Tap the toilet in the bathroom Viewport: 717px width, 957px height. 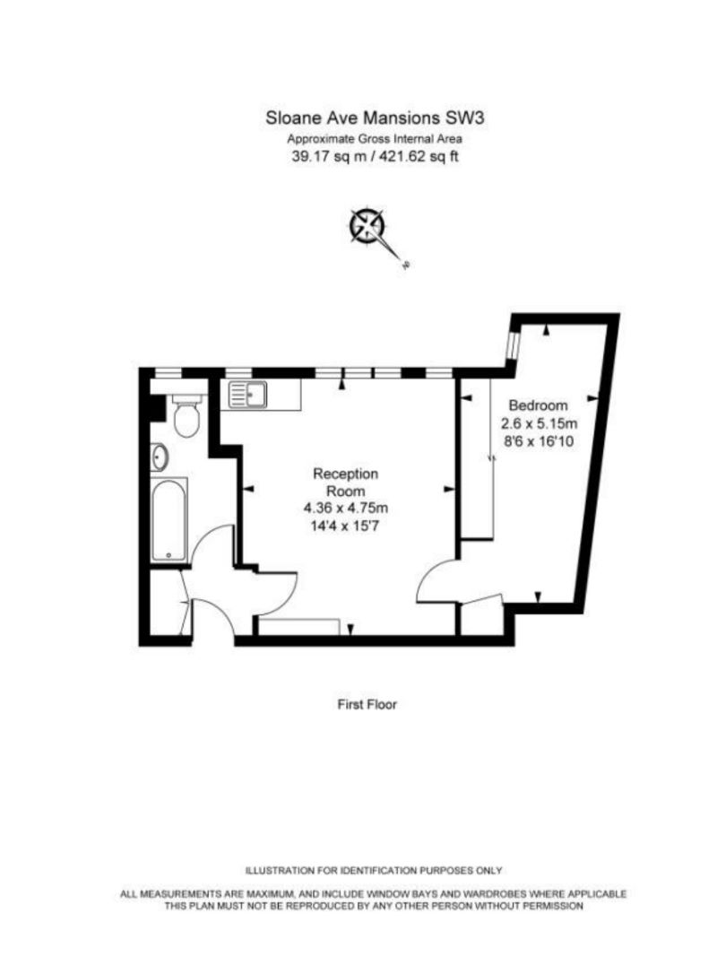point(186,417)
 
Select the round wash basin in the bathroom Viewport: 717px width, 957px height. point(160,457)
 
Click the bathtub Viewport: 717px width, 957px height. point(170,519)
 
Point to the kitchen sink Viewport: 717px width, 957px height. point(247,392)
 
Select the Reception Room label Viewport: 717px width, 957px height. point(346,482)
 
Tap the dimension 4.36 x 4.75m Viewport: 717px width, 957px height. point(346,509)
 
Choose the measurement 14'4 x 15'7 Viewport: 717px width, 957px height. point(346,526)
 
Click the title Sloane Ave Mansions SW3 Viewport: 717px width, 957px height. point(367,117)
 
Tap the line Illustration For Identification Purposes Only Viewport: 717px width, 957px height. point(374,871)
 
